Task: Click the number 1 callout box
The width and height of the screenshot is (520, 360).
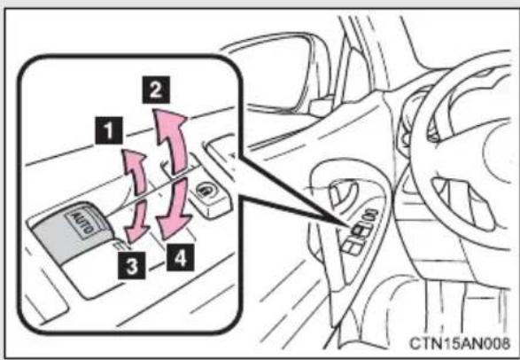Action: point(109,130)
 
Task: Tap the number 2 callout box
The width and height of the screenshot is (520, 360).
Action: point(156,90)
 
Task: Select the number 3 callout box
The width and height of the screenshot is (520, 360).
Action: point(132,265)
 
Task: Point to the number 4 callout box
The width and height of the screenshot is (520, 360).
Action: point(180,257)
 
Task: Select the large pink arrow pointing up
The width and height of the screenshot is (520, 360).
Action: point(170,139)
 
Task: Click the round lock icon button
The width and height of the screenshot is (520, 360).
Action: point(206,191)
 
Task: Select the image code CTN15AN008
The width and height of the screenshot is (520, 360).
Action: point(460,343)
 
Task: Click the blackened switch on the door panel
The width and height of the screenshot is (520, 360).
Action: point(361,230)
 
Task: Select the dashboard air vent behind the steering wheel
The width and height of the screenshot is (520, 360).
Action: point(464,203)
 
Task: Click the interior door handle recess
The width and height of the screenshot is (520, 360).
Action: point(343,196)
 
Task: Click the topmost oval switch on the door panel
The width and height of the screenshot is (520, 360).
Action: point(370,214)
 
